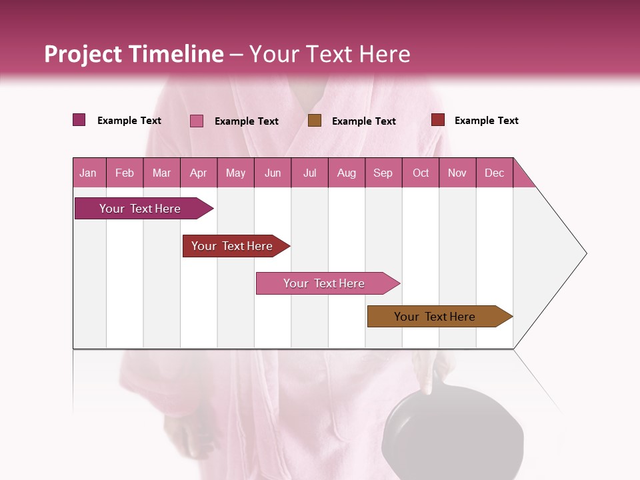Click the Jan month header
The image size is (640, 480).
click(89, 173)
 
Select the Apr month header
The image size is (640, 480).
click(199, 173)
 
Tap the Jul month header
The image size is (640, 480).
click(309, 173)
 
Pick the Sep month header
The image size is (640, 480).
click(383, 173)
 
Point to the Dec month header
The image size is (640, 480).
click(494, 173)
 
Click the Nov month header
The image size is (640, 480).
click(457, 173)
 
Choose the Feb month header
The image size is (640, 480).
click(125, 173)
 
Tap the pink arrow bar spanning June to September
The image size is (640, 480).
click(325, 283)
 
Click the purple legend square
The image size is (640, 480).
click(79, 120)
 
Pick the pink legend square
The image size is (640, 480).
click(197, 121)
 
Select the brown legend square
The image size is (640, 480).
click(315, 120)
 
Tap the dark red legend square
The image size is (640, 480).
click(438, 120)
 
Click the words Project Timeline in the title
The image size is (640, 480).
click(134, 54)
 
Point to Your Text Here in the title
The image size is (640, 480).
click(330, 54)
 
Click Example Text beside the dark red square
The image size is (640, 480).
click(486, 121)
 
